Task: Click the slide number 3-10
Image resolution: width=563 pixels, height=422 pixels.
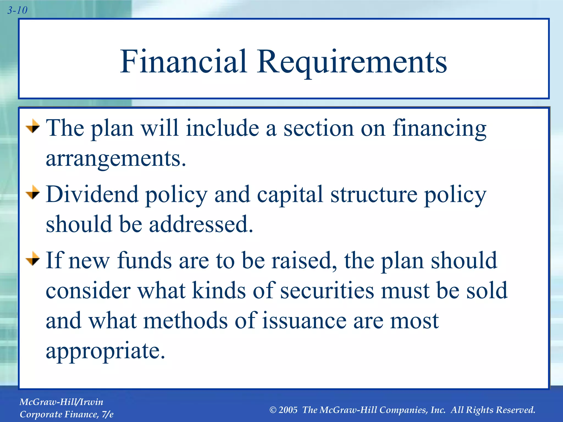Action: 17,10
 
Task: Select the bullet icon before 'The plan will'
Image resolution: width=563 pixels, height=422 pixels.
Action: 33,126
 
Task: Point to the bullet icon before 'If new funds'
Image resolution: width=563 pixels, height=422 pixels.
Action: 33,258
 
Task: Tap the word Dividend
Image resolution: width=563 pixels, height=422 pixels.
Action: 92,194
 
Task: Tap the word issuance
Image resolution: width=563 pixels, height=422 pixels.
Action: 304,321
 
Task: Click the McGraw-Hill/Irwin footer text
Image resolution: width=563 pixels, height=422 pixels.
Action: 61,402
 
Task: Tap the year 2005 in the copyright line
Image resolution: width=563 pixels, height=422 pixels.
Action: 288,410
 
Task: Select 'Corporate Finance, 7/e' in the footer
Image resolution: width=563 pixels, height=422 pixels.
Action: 67,414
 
